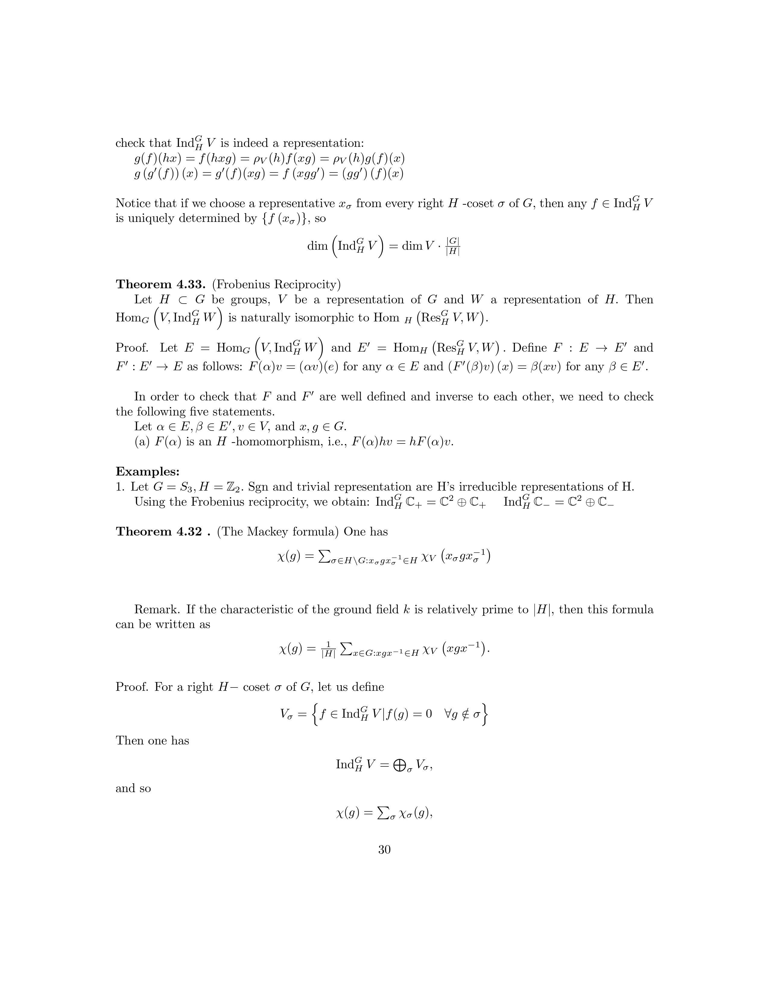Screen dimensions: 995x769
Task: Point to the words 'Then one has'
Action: (152, 740)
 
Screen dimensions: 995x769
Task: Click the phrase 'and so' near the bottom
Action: (133, 789)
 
